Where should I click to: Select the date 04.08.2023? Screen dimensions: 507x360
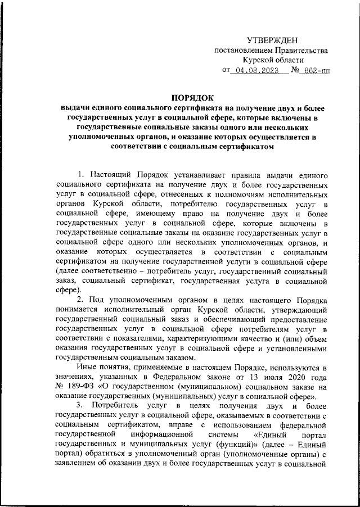[x=257, y=71]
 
